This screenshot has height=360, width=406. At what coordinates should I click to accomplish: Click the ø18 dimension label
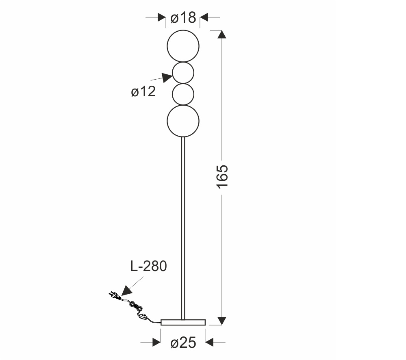183,18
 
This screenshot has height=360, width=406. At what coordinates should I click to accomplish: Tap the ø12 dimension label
143,91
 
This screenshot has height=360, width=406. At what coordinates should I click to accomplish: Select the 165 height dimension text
222,176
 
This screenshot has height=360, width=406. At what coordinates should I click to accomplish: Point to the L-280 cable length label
148,266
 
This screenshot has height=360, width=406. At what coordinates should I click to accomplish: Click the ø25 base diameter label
183,343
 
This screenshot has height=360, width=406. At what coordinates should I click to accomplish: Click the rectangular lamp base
183,322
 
